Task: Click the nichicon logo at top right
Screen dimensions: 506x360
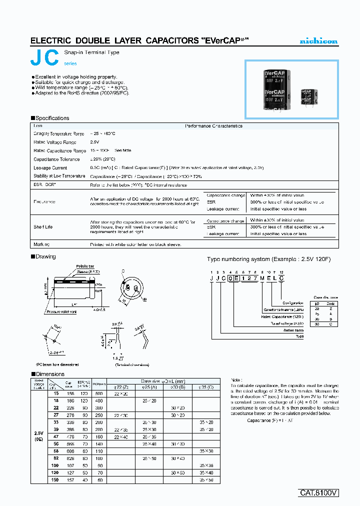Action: tap(318, 40)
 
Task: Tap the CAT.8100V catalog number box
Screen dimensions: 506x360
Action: tap(319, 492)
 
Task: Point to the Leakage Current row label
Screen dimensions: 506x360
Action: tap(50, 167)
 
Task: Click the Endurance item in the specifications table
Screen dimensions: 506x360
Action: tap(44, 201)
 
